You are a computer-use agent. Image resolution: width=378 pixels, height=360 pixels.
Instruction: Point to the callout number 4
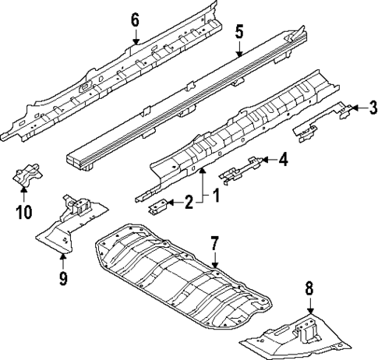tap(283, 160)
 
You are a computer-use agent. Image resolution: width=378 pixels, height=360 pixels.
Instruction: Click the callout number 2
tap(188, 204)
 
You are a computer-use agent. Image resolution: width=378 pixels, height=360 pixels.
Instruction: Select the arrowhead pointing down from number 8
tap(309, 310)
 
